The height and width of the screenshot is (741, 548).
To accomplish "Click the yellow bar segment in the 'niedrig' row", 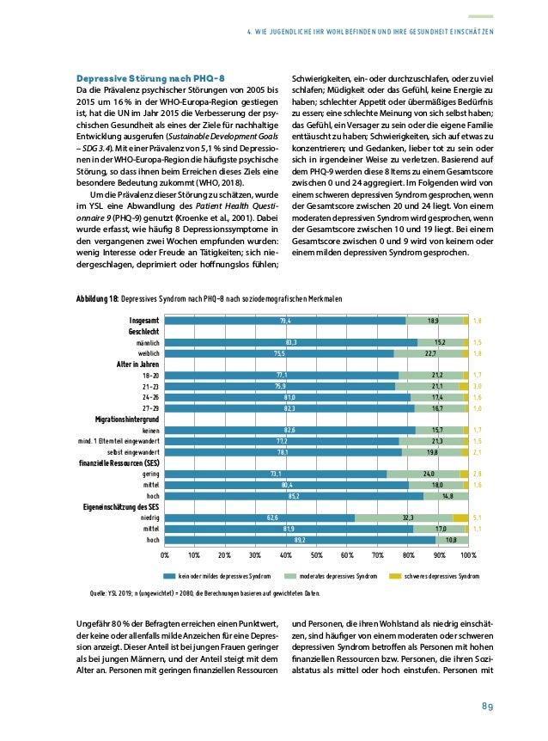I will pos(460,517).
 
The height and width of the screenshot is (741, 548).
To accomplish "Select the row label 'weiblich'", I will pos(146,352).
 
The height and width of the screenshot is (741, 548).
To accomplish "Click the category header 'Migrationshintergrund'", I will pos(120,418).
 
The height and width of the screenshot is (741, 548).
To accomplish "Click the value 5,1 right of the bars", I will pos(478,517).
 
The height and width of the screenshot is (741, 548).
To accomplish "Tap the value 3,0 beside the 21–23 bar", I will pos(478,386).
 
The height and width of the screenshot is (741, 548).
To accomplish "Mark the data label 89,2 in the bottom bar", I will pos(300,540).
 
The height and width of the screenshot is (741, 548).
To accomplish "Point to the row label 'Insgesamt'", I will pos(143,321).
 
